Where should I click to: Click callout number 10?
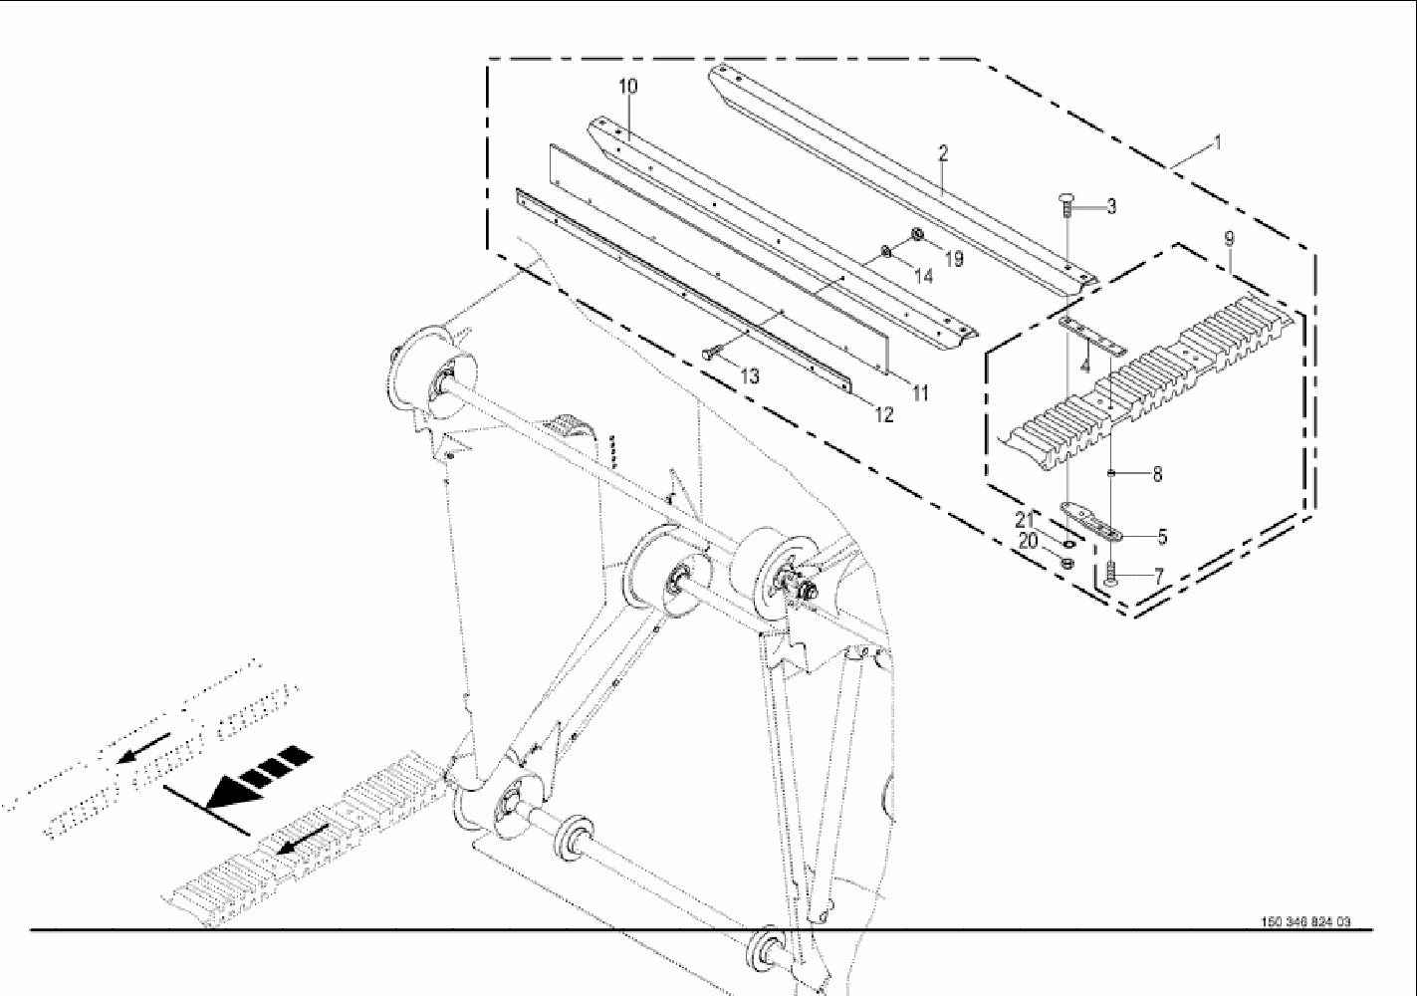coord(627,87)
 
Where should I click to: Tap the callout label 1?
coord(1216,142)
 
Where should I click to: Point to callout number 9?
coord(1229,239)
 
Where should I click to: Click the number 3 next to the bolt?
coord(1111,207)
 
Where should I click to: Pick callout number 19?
coord(954,259)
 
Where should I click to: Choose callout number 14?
coord(923,277)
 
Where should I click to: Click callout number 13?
coord(749,376)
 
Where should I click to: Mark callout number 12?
coord(884,415)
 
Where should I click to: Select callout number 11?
coord(920,393)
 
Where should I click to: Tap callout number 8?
coord(1157,475)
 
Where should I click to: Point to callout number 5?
coord(1162,537)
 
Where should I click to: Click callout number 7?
coord(1158,576)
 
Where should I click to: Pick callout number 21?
coord(1025,520)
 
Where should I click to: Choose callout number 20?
coord(1028,541)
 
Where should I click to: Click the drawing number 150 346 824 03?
coord(1305,921)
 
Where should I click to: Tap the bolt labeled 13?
coord(713,353)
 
